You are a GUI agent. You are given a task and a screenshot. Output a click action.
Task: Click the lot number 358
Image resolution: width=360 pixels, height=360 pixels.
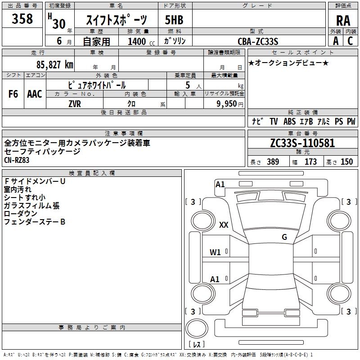(x=22, y=19)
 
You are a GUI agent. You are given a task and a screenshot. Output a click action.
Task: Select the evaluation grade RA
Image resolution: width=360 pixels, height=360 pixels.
(x=343, y=21)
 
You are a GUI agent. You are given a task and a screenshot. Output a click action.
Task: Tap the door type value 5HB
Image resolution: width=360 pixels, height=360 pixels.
(x=175, y=20)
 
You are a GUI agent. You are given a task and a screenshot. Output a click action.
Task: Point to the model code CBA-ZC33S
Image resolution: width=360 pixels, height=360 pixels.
(x=258, y=41)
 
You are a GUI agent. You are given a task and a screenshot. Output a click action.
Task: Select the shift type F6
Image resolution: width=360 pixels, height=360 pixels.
(x=13, y=94)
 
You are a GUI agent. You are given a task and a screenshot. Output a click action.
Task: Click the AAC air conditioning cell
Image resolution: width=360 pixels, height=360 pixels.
(x=35, y=94)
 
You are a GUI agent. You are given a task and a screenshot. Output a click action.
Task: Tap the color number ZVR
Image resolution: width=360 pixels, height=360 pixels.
(x=75, y=103)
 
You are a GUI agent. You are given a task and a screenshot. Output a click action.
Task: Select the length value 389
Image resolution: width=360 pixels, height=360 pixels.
(x=273, y=162)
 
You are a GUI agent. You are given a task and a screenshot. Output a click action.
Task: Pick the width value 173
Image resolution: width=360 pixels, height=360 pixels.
(x=310, y=162)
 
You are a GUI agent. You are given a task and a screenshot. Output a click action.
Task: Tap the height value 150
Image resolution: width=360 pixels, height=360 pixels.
(x=346, y=162)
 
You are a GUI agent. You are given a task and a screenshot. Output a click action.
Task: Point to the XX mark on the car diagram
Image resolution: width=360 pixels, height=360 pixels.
(x=224, y=225)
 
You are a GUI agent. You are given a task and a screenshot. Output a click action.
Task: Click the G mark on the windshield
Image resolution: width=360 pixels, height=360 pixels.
(x=284, y=237)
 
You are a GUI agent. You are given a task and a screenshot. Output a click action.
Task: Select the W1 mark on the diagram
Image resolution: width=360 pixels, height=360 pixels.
(x=215, y=252)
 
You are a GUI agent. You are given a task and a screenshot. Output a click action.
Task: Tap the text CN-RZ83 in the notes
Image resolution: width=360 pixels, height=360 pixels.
(x=17, y=160)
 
